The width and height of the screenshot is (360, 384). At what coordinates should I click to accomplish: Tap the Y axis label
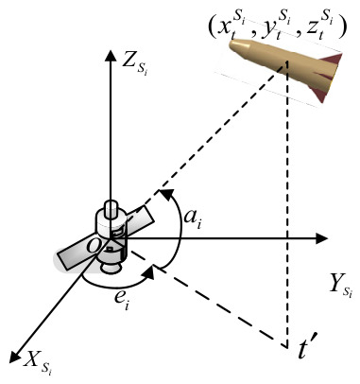(x=340, y=284)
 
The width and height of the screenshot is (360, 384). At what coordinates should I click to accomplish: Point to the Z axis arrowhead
(x=110, y=56)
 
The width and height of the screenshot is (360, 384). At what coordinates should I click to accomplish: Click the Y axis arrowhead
(x=321, y=238)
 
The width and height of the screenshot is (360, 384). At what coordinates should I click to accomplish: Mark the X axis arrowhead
(x=14, y=356)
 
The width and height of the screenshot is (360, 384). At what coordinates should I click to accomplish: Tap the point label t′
(x=305, y=349)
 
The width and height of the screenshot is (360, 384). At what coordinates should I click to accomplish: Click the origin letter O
(x=94, y=246)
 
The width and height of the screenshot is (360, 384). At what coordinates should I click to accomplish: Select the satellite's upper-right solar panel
(x=138, y=220)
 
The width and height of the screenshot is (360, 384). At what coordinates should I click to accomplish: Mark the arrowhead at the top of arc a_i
(x=167, y=193)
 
